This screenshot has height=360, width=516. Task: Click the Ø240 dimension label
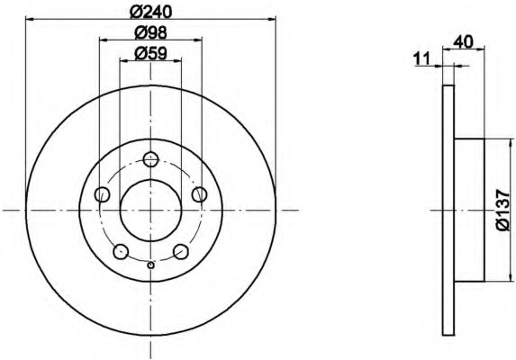pyautogui.click(x=150, y=12)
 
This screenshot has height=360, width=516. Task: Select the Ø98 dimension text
pyautogui.click(x=151, y=32)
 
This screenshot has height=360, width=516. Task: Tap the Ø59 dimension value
pyautogui.click(x=151, y=53)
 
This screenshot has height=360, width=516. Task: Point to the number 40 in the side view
pyautogui.click(x=463, y=42)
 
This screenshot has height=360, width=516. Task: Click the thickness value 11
pyautogui.click(x=422, y=59)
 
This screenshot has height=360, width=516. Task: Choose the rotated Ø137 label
pyautogui.click(x=503, y=210)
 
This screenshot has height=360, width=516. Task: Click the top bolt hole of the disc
pyautogui.click(x=151, y=159)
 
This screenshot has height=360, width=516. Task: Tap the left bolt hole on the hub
pyautogui.click(x=103, y=194)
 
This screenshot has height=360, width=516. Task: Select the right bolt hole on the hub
pyautogui.click(x=199, y=194)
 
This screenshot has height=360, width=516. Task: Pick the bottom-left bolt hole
pyautogui.click(x=121, y=251)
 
